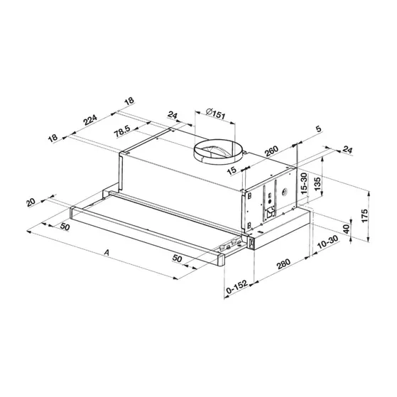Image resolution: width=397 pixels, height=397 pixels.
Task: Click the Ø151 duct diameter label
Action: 214,112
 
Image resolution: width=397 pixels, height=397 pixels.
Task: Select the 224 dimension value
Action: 90,121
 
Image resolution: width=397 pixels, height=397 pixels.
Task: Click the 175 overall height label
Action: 364,215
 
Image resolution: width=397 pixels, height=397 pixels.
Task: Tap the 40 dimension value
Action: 346,231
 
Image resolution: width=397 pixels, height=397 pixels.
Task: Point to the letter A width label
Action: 106,252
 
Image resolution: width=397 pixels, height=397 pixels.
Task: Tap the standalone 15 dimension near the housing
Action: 232,170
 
